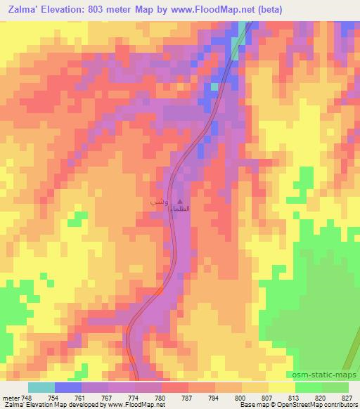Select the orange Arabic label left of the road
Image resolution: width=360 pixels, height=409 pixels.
pyautogui.click(x=157, y=202)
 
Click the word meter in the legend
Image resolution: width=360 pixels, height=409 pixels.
pyautogui.click(x=11, y=397)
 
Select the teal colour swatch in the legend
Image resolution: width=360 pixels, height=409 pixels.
pyautogui.click(x=41, y=387)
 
